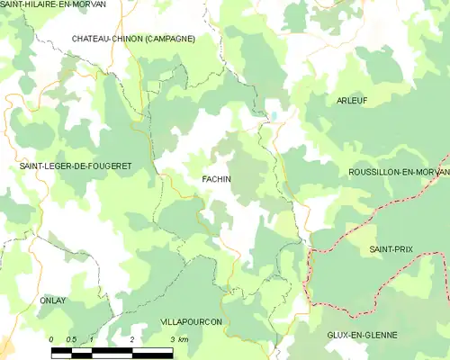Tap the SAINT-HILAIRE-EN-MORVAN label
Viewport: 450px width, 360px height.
(x=53, y=4)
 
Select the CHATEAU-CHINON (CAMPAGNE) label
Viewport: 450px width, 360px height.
(x=133, y=39)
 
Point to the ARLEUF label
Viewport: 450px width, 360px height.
(x=352, y=100)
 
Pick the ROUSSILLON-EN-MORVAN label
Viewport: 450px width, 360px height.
(x=399, y=171)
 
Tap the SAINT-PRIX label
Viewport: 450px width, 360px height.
(x=391, y=247)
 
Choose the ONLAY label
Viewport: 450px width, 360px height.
(x=53, y=300)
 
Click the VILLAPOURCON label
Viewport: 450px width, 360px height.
(x=191, y=321)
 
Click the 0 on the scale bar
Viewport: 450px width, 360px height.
(x=52, y=339)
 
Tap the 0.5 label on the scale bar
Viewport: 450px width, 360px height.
(x=71, y=339)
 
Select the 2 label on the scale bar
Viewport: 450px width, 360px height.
(x=132, y=339)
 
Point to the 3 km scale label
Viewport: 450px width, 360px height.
(x=178, y=339)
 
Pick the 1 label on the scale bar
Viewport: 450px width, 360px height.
(x=92, y=339)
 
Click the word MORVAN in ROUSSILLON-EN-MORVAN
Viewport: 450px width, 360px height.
(x=429, y=171)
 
